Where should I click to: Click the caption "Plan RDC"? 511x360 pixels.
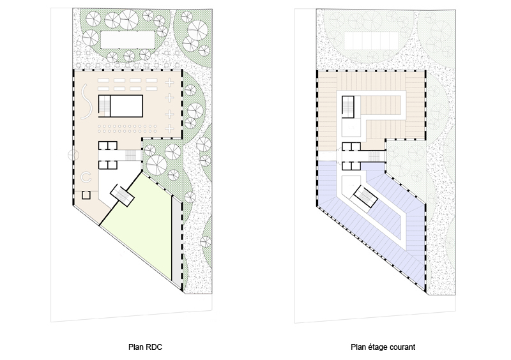[145, 347]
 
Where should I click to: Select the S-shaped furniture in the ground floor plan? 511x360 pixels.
[86, 101]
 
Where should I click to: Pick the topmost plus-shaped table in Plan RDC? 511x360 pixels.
[169, 82]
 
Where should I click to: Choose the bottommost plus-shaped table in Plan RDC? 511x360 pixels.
[169, 129]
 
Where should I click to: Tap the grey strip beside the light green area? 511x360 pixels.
[176, 241]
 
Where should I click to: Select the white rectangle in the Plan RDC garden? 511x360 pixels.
[127, 40]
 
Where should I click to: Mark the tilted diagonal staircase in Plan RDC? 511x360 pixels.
[122, 195]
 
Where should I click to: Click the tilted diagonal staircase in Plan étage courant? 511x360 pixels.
[365, 197]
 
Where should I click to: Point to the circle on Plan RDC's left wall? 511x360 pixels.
[73, 155]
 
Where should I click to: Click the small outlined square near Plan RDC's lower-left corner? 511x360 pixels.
[86, 195]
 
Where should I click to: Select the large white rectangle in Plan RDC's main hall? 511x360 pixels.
[126, 106]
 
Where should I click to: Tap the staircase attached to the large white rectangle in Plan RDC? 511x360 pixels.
[104, 106]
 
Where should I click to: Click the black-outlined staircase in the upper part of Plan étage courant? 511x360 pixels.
[348, 107]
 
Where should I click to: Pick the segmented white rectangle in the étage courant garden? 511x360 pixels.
[371, 40]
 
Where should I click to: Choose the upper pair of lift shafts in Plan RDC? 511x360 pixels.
[107, 146]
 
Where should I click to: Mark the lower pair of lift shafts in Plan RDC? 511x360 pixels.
[107, 165]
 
